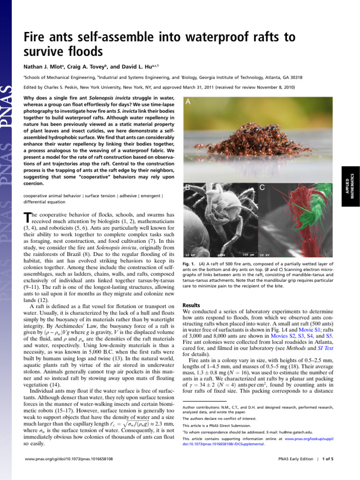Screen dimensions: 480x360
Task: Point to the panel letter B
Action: (x=187, y=187)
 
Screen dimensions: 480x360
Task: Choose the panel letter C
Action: (x=263, y=187)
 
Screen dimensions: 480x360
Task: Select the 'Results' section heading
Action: (x=191, y=305)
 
